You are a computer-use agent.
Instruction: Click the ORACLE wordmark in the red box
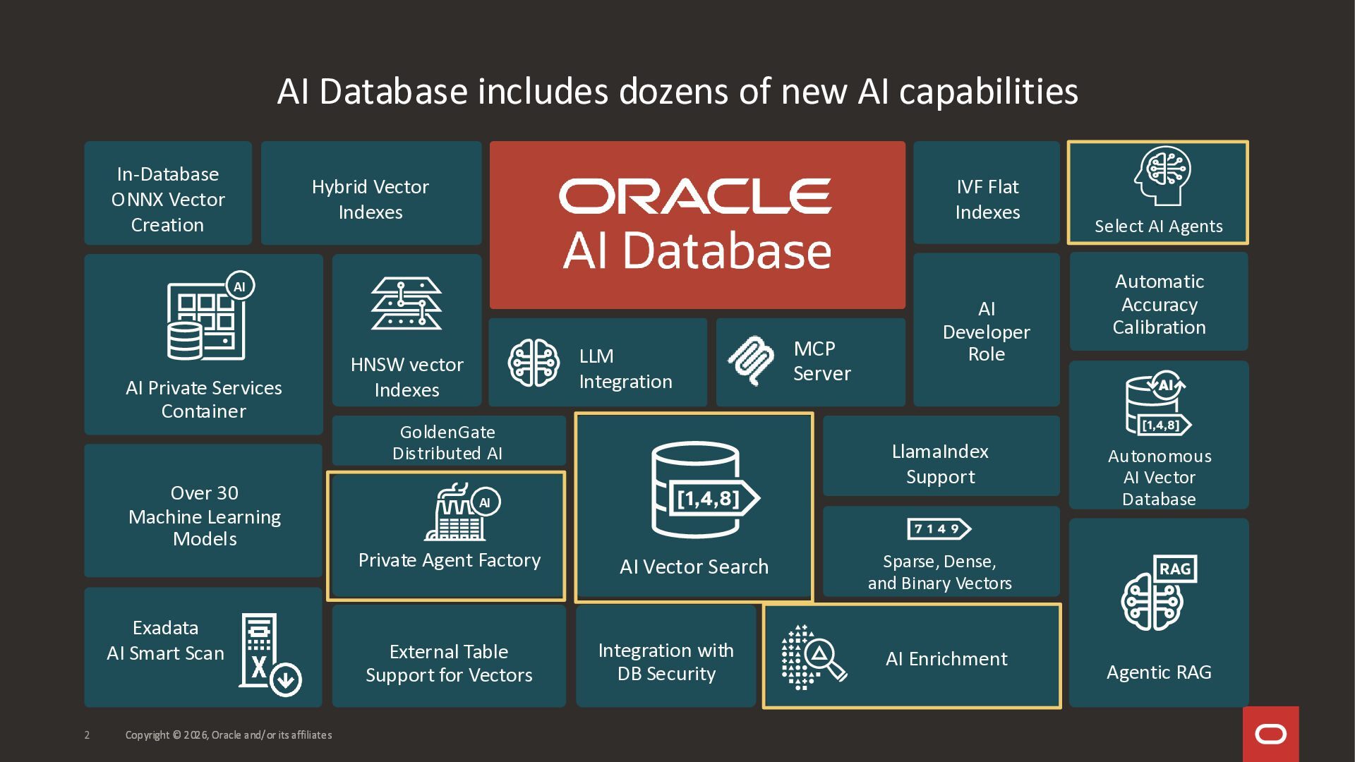pyautogui.click(x=696, y=195)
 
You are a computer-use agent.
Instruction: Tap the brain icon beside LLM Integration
pyautogui.click(x=534, y=363)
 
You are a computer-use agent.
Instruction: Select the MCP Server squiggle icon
pyautogui.click(x=751, y=361)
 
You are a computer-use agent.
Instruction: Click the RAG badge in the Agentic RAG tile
pyautogui.click(x=1175, y=569)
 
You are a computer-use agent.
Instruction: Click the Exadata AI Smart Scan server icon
pyautogui.click(x=269, y=655)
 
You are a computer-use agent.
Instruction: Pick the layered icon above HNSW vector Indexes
pyautogui.click(x=406, y=303)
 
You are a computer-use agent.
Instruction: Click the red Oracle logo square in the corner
pyautogui.click(x=1270, y=734)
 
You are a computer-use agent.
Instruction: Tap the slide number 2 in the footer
pyautogui.click(x=87, y=735)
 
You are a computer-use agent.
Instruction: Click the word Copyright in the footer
pyautogui.click(x=147, y=735)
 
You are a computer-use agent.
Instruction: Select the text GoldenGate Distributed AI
pyautogui.click(x=447, y=442)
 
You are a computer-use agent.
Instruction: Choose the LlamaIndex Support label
pyautogui.click(x=940, y=464)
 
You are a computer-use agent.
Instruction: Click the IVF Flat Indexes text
pyautogui.click(x=987, y=199)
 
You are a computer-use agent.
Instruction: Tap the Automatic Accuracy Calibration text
pyautogui.click(x=1159, y=304)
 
